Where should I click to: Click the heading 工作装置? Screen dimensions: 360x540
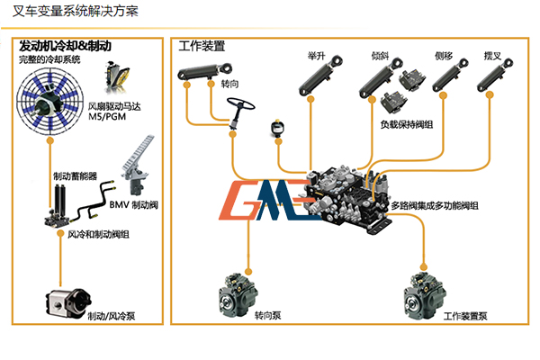202,45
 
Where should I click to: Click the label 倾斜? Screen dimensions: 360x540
379,56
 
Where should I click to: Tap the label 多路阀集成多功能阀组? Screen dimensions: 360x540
433,206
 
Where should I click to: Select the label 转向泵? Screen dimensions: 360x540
267,316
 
